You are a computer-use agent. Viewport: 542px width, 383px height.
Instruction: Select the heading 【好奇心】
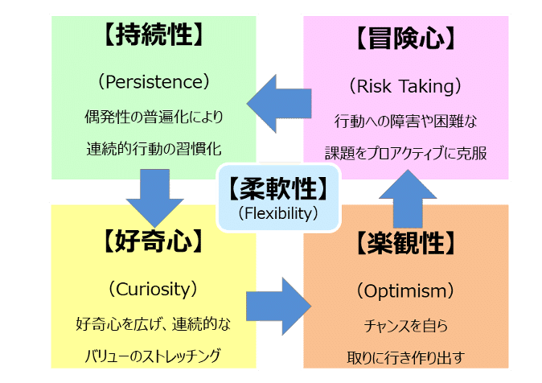tap(153, 241)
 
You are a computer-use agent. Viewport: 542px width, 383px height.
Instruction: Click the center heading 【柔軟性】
tap(279, 189)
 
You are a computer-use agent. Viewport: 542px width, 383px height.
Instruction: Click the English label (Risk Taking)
tap(406, 84)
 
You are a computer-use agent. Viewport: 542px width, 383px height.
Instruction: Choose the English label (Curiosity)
tap(153, 288)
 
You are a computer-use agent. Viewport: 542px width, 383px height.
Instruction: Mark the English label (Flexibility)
tap(279, 213)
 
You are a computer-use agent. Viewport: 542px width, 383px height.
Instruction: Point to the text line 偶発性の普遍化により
tap(153, 117)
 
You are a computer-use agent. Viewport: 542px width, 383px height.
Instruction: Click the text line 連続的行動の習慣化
tap(153, 149)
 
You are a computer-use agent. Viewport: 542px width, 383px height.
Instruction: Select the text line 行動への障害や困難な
tap(406, 121)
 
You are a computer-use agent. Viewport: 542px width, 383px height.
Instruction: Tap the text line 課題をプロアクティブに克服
tap(406, 152)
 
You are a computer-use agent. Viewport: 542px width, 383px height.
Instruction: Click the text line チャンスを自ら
tap(406, 326)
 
